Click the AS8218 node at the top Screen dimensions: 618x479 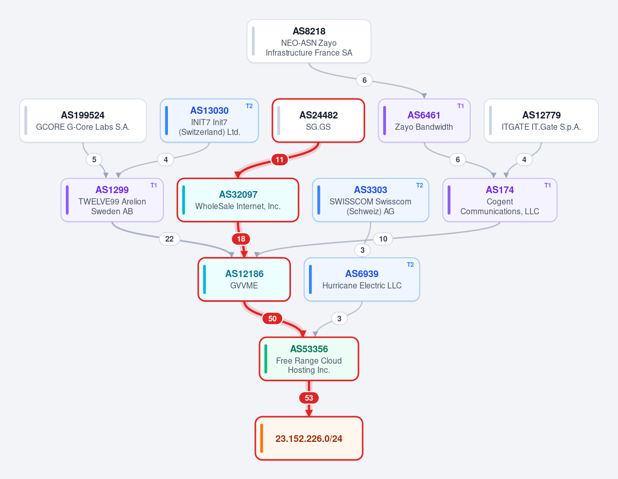point(309,41)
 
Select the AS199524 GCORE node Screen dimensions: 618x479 point(83,121)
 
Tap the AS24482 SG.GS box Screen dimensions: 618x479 point(318,121)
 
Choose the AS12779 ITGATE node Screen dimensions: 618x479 point(541,121)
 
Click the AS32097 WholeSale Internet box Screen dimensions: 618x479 point(238,200)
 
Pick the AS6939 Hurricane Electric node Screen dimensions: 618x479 point(362,279)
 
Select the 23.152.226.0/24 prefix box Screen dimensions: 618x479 point(309,438)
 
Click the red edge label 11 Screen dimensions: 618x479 point(280,160)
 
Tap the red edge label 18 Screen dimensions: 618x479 point(241,239)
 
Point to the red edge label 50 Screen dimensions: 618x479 point(272,319)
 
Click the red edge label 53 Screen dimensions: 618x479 point(309,398)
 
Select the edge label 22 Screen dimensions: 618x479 point(169,239)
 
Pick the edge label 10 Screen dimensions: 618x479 point(383,239)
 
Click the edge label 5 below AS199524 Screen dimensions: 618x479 point(94,160)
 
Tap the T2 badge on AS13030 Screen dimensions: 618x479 point(249,106)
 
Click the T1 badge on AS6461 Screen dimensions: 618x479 point(460,106)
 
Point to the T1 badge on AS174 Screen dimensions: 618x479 point(547,185)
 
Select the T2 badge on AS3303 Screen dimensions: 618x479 point(420,185)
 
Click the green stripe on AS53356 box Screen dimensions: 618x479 point(266,358)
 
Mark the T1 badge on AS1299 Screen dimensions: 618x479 point(153,185)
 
